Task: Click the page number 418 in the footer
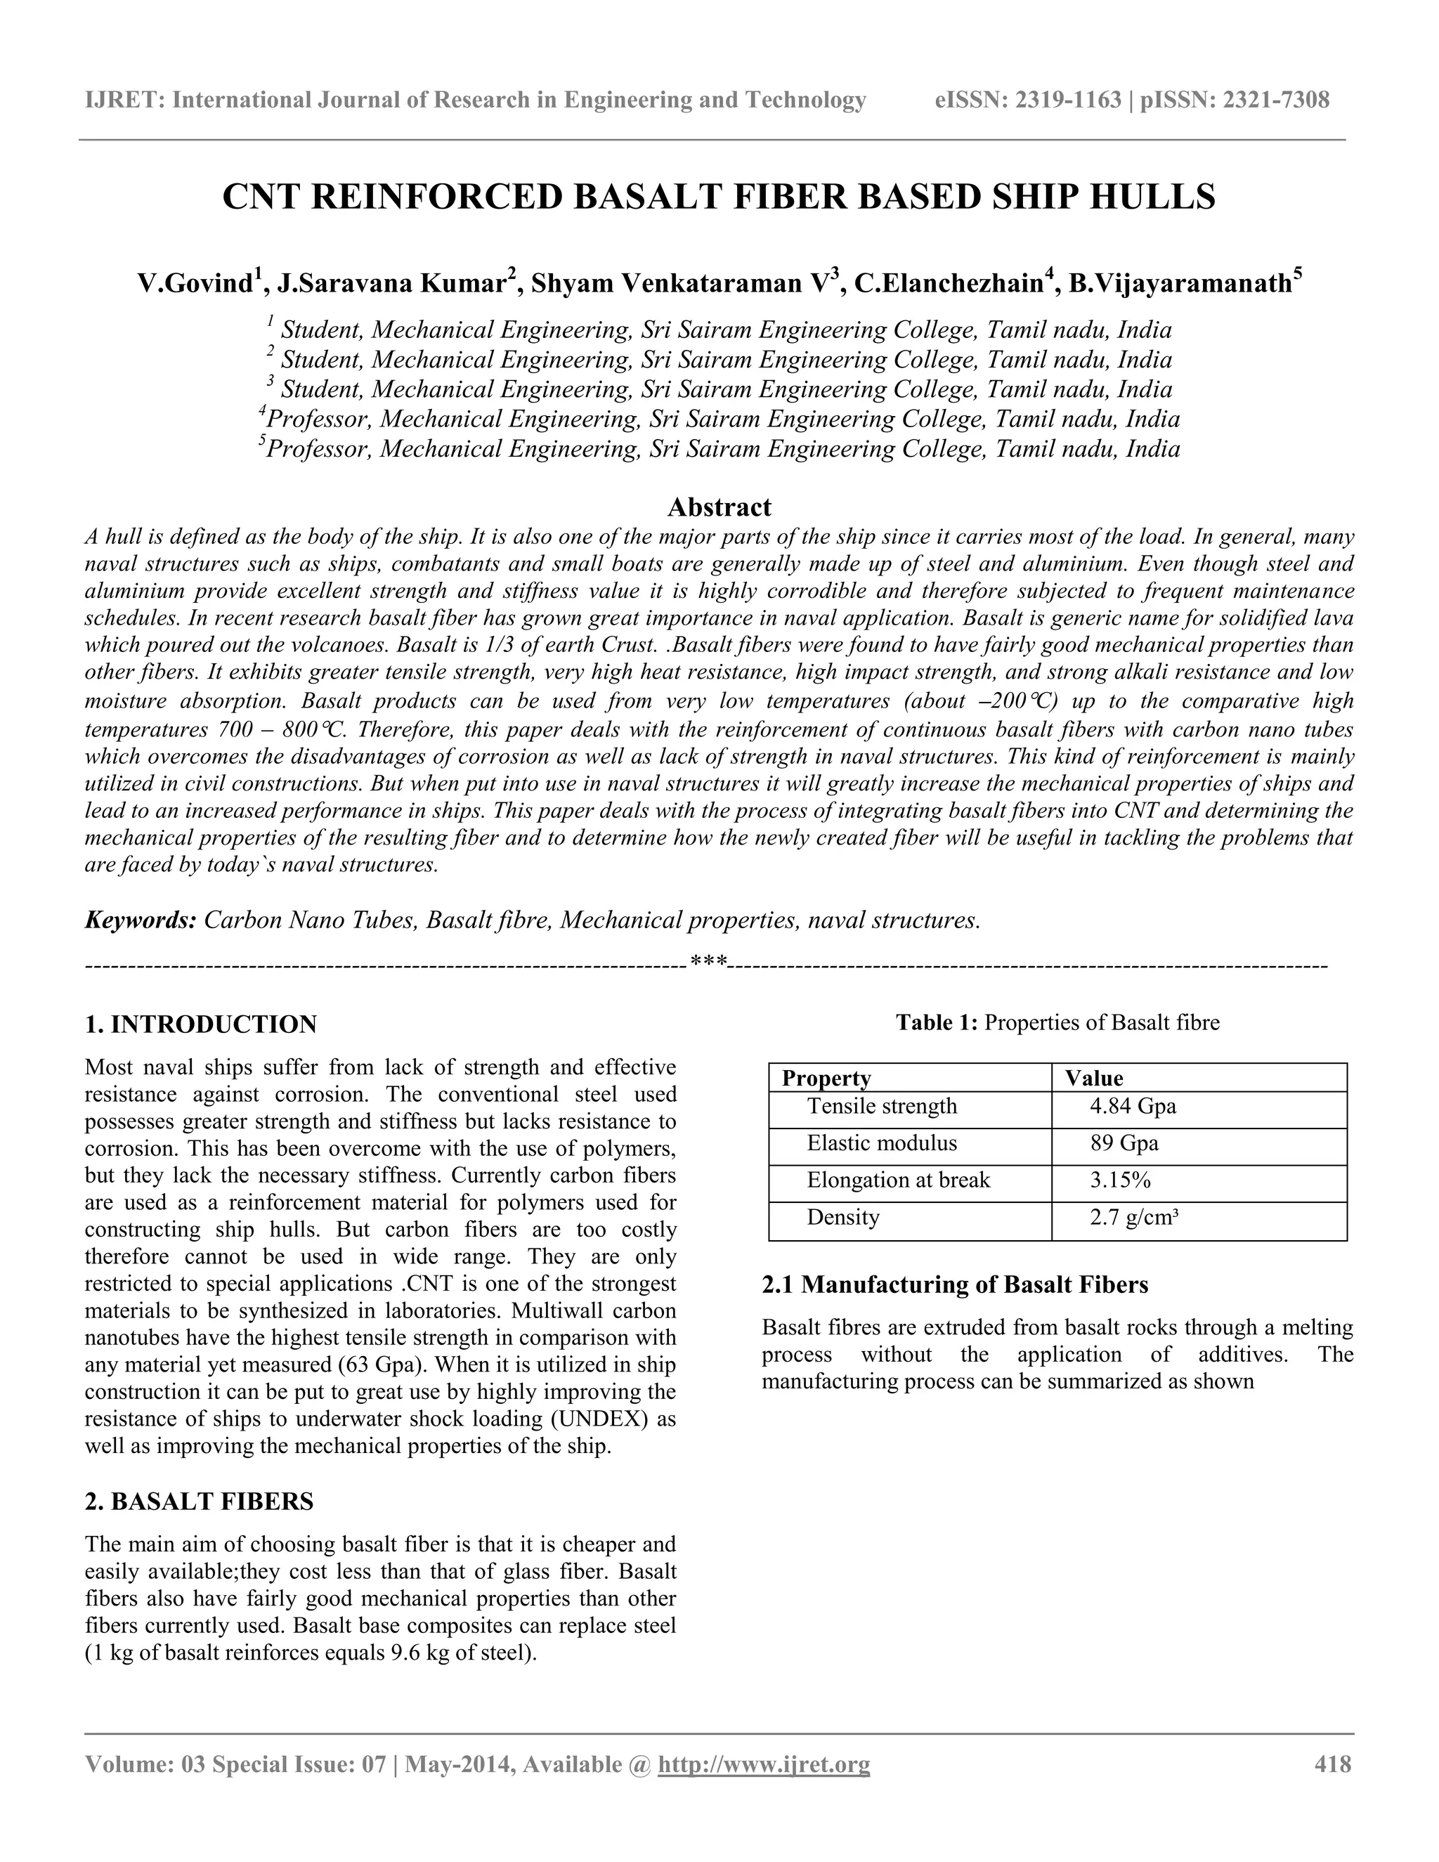[1334, 1764]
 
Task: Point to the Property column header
[826, 1079]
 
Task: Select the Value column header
[1094, 1079]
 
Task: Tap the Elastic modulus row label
[882, 1143]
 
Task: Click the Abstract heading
[719, 507]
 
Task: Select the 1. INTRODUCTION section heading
[201, 1024]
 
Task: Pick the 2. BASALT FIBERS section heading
[200, 1502]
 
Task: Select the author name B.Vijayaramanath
[1180, 283]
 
